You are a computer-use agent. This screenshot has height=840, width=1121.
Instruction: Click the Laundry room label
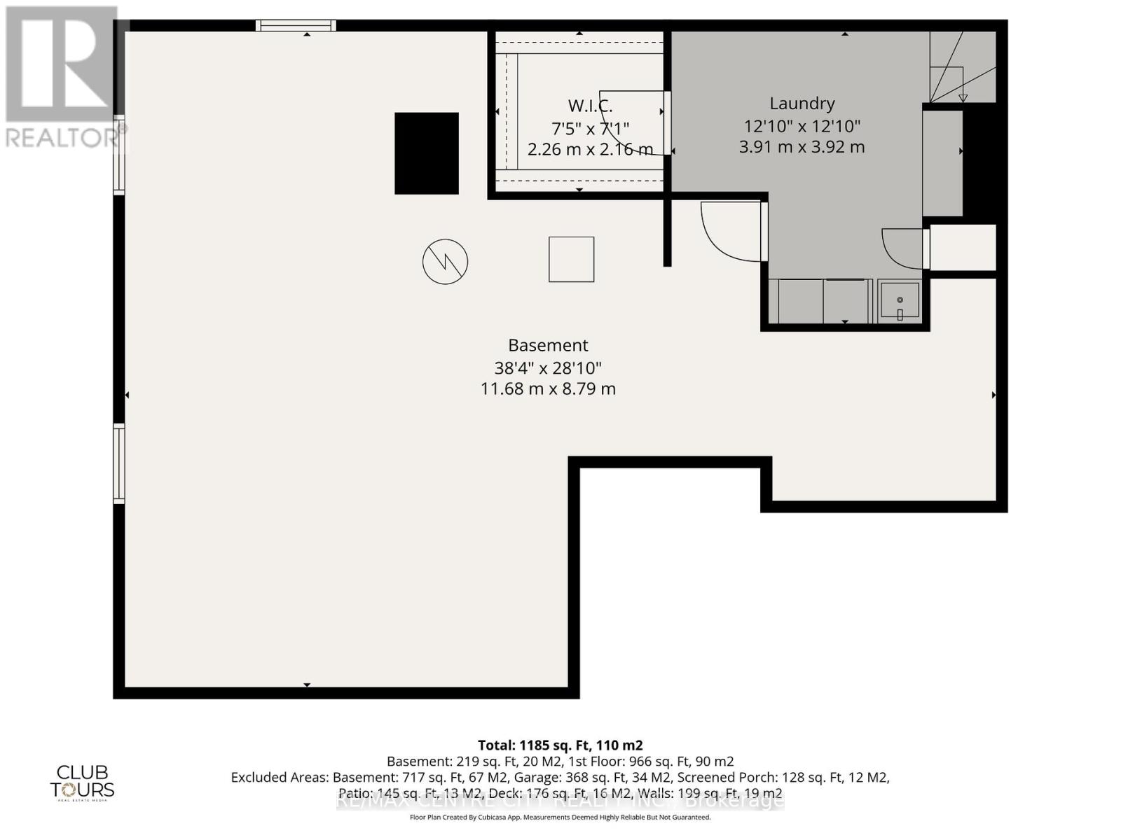(x=802, y=104)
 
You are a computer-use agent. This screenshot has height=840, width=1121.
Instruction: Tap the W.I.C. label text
(x=590, y=106)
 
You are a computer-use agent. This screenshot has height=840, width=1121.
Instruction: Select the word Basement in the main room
(x=548, y=345)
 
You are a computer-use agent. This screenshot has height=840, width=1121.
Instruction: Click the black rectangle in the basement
(x=427, y=153)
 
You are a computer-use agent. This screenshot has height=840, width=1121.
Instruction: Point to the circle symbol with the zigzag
(x=445, y=262)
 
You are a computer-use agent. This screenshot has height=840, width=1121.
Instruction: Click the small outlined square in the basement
(x=571, y=259)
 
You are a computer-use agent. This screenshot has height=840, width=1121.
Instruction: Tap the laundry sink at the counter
(x=900, y=300)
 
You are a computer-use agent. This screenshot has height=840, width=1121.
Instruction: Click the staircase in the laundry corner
(x=961, y=67)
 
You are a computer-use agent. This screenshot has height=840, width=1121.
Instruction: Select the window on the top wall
(x=296, y=26)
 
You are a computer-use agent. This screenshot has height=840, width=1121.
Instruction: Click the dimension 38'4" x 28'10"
(x=548, y=367)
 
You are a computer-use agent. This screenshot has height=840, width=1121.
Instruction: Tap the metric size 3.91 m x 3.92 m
(x=802, y=147)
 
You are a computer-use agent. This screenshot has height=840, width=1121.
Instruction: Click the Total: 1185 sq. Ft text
(x=560, y=745)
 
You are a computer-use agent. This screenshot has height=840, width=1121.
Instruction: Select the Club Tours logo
(x=82, y=781)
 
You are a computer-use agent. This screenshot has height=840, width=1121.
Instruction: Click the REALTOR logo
(x=63, y=77)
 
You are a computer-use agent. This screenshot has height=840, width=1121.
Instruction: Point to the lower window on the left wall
(x=120, y=463)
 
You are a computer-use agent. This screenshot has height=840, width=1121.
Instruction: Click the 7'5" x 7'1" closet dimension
(x=590, y=128)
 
